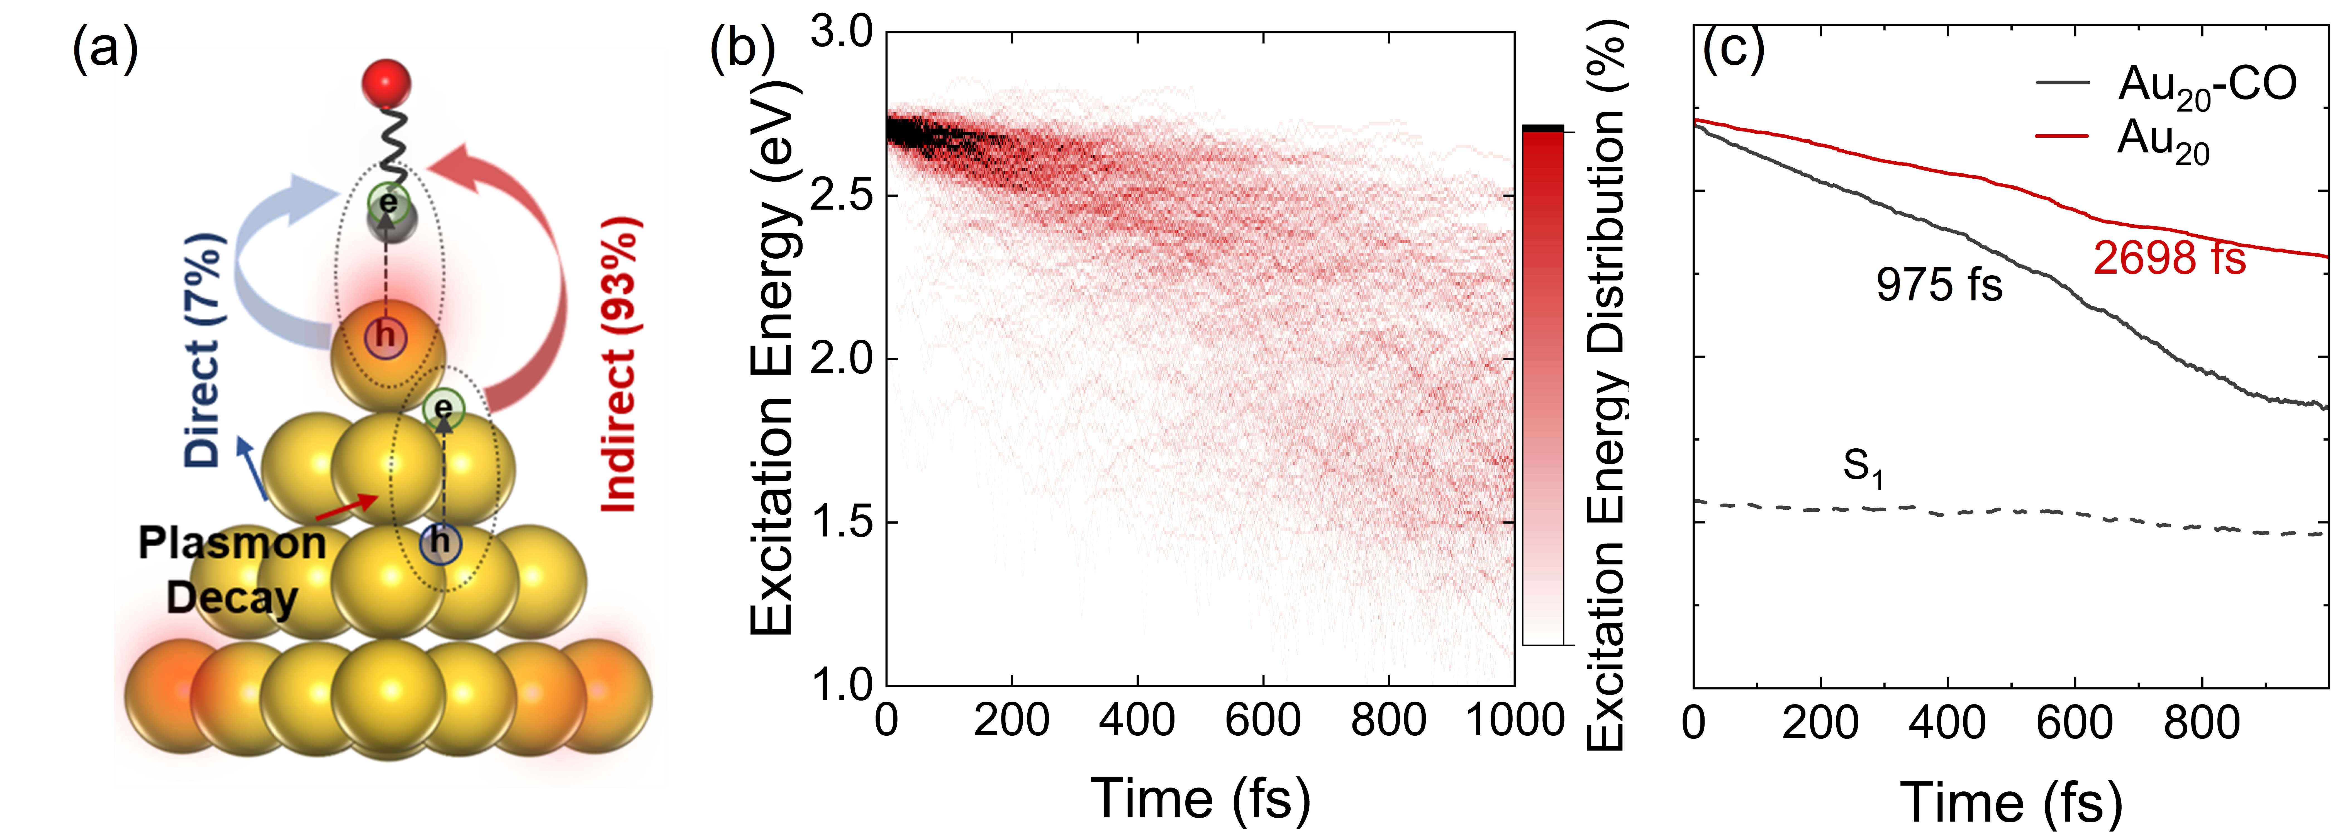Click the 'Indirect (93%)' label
(620, 363)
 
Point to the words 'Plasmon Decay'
(232, 571)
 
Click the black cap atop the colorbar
(1543, 128)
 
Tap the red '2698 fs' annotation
(2169, 258)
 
